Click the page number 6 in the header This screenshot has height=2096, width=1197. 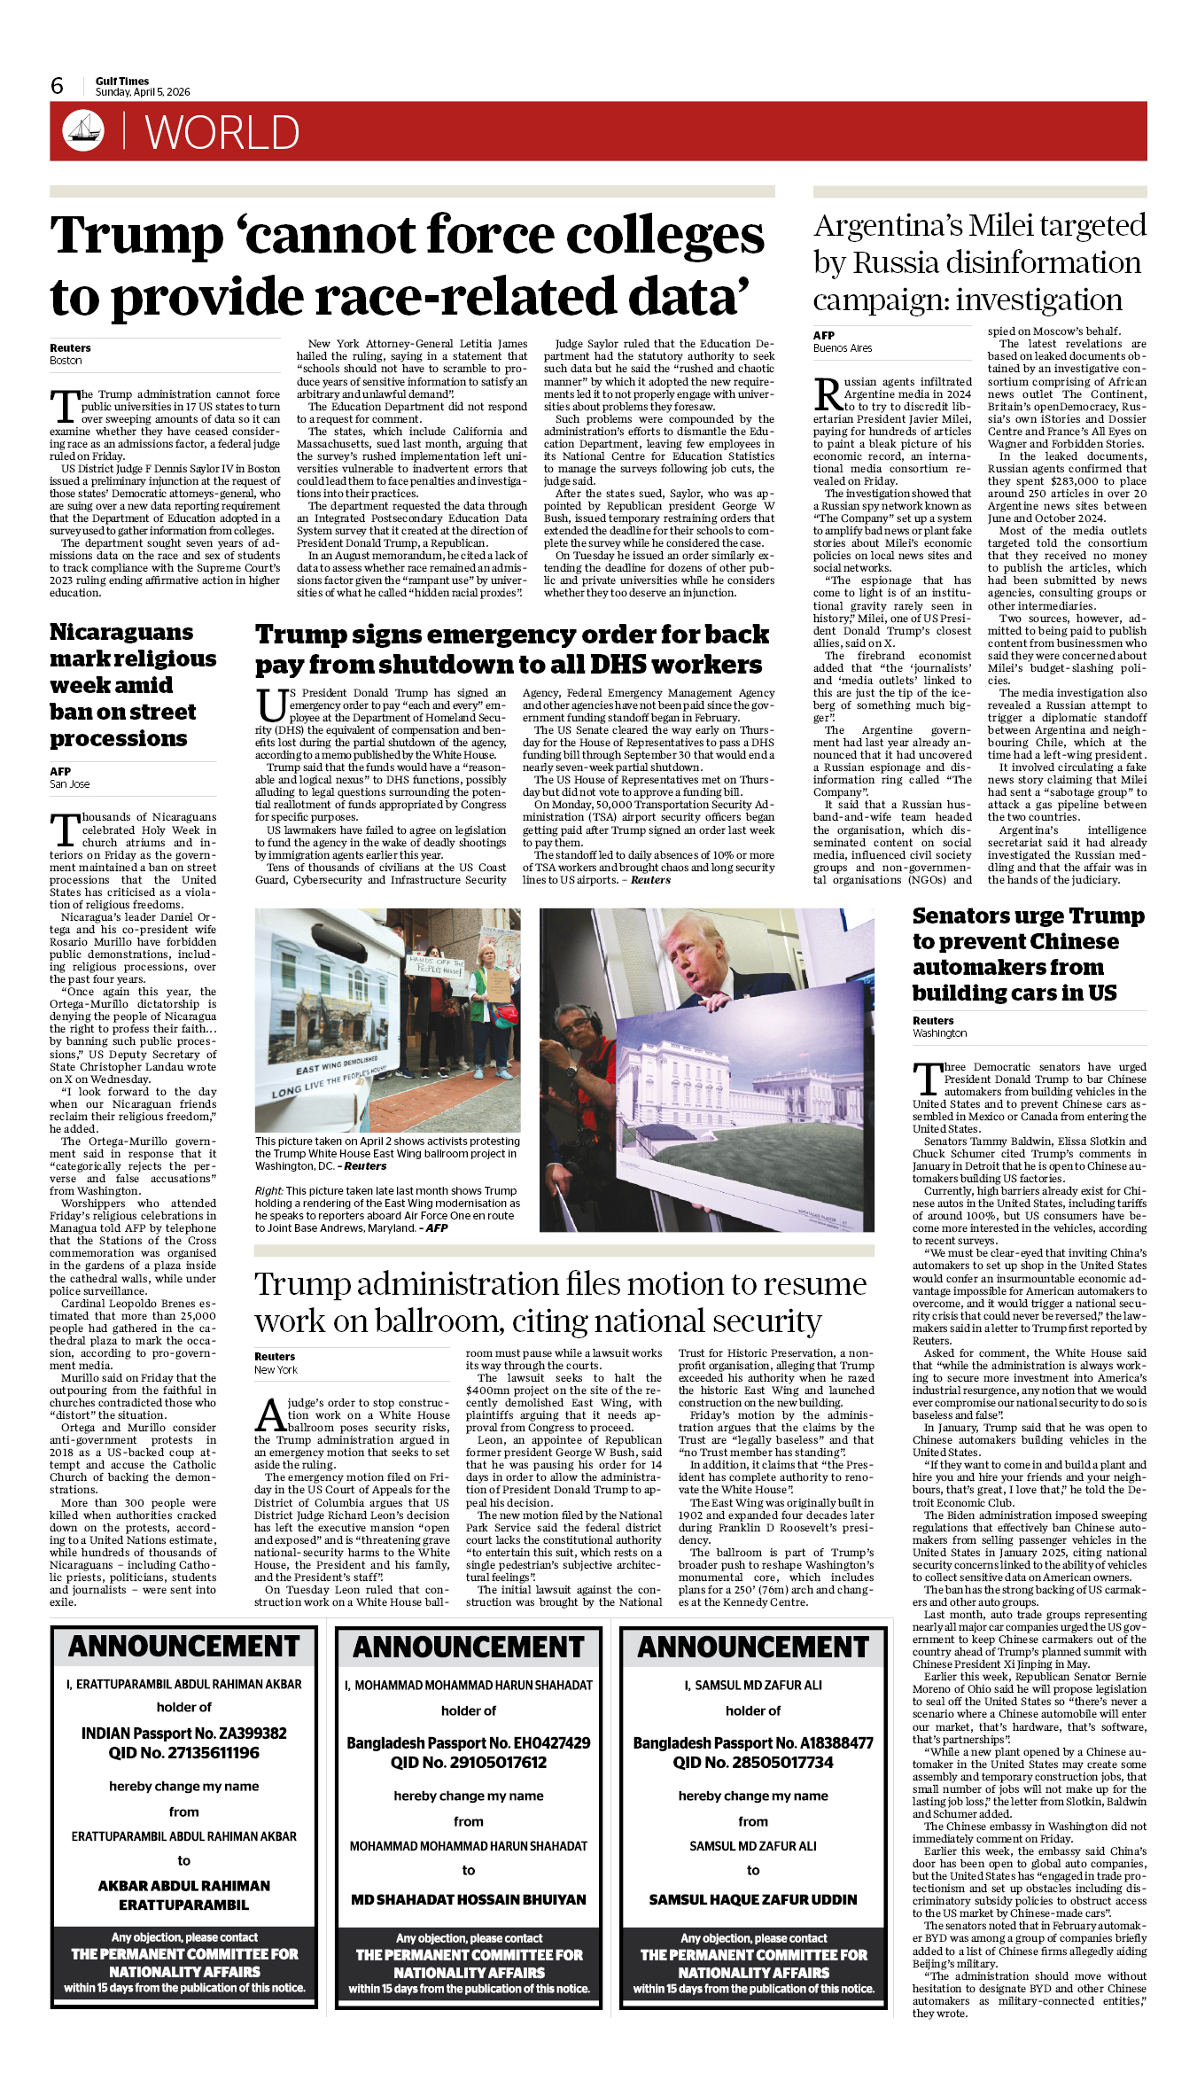tap(57, 86)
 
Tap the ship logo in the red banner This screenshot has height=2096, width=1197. tap(83, 130)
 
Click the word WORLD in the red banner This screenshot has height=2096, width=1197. tap(222, 133)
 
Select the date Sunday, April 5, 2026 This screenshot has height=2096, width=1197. tap(143, 92)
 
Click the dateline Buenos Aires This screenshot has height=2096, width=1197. tap(843, 348)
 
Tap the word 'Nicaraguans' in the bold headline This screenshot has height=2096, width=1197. tap(121, 632)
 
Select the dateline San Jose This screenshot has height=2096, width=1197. tap(69, 784)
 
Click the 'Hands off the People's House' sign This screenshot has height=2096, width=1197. tap(435, 965)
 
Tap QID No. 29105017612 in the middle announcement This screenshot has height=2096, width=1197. tap(469, 1763)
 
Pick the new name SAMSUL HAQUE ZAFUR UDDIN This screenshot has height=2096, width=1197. tap(753, 1899)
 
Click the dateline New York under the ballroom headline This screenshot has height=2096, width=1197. tap(276, 1370)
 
